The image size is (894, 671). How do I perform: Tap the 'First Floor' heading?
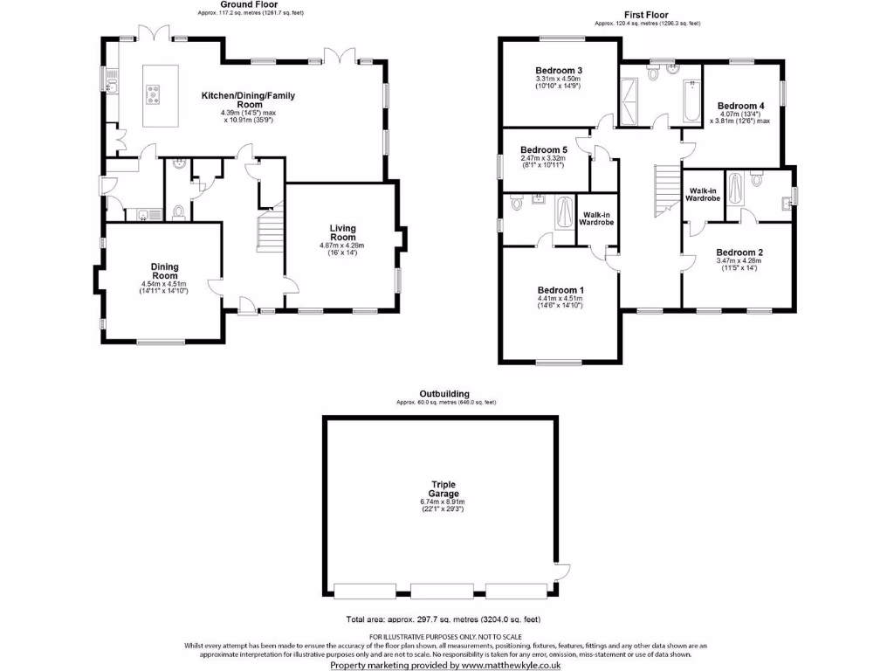click(x=647, y=15)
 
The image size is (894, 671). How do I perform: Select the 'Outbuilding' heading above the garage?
click(x=444, y=394)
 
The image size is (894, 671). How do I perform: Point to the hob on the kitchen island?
click(x=153, y=93)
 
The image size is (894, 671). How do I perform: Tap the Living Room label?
click(x=342, y=233)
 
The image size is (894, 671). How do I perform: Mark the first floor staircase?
click(x=666, y=193)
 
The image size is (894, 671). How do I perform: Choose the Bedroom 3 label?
click(x=559, y=71)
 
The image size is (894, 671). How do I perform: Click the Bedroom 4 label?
click(x=740, y=106)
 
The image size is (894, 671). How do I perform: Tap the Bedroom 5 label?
click(x=544, y=150)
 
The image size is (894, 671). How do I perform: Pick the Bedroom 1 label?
click(x=560, y=290)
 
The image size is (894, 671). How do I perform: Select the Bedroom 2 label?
click(x=739, y=253)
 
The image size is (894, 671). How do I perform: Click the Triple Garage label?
click(x=444, y=489)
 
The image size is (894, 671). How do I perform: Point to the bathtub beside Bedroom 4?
click(x=691, y=102)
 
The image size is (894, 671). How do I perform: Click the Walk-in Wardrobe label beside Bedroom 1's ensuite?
click(x=598, y=218)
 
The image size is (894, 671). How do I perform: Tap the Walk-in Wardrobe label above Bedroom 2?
click(x=703, y=194)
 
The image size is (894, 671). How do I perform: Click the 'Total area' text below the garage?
click(x=443, y=619)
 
